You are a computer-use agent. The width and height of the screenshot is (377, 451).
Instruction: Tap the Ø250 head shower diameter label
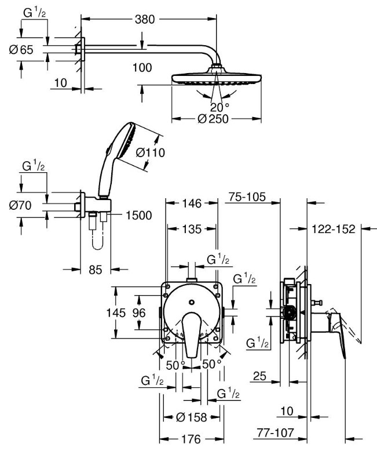click(x=213, y=119)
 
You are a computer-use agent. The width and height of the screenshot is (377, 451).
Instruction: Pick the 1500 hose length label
click(x=138, y=216)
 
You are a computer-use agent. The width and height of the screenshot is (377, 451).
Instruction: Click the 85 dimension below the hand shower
click(x=96, y=269)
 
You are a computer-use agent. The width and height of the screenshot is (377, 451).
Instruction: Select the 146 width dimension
click(x=191, y=203)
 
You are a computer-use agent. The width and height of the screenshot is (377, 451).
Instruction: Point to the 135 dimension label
click(x=191, y=229)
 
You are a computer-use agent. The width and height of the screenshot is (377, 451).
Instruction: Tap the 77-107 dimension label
click(x=274, y=432)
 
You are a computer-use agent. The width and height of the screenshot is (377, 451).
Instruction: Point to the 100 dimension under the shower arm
click(x=141, y=67)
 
